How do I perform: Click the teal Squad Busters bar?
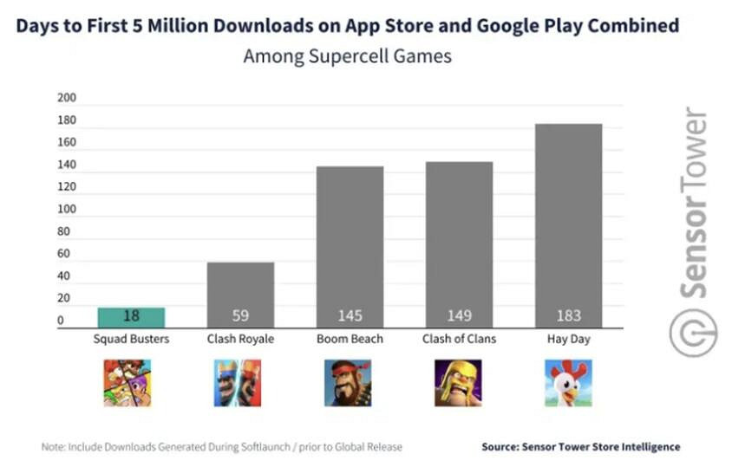(x=131, y=317)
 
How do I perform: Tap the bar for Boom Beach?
(x=350, y=247)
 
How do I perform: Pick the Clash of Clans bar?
(x=459, y=244)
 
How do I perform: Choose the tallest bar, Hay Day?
(x=568, y=225)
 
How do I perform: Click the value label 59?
(x=240, y=316)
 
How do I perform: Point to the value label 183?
(x=568, y=316)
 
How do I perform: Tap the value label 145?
(x=350, y=316)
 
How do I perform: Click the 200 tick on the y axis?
(x=67, y=98)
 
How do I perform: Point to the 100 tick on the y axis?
(x=67, y=210)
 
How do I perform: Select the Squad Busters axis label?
(x=131, y=339)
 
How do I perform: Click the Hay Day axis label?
(x=568, y=339)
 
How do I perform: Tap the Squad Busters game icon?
(x=127, y=383)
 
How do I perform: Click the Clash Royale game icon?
(x=237, y=383)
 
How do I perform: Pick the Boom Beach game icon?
(x=348, y=383)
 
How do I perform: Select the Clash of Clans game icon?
(x=457, y=383)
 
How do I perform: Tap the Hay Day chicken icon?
(x=568, y=383)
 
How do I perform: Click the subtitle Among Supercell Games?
(x=347, y=56)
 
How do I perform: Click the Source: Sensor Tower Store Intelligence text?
(x=580, y=447)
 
